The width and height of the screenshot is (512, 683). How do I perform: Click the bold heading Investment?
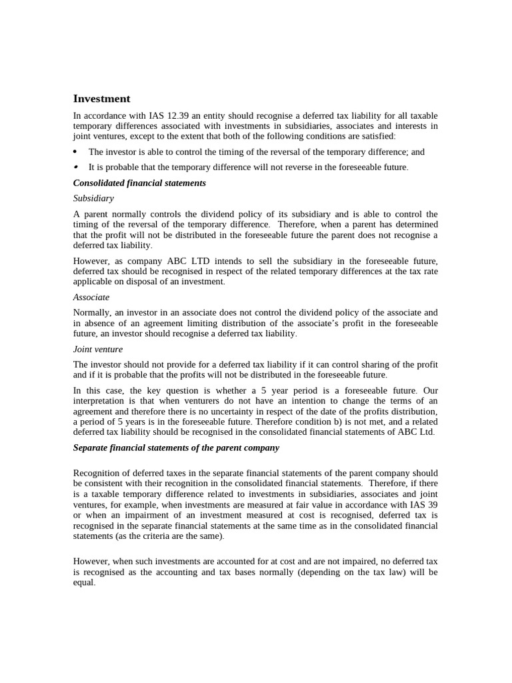pyautogui.click(x=101, y=99)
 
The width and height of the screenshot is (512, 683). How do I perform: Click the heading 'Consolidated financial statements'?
pyautogui.click(x=139, y=183)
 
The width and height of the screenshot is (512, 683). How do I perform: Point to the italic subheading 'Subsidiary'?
pyautogui.click(x=93, y=198)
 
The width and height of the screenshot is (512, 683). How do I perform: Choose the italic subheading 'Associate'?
pyautogui.click(x=91, y=297)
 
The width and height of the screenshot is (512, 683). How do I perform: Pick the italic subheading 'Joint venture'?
pyautogui.click(x=98, y=349)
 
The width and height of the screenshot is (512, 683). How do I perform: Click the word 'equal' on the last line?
pyautogui.click(x=84, y=582)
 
